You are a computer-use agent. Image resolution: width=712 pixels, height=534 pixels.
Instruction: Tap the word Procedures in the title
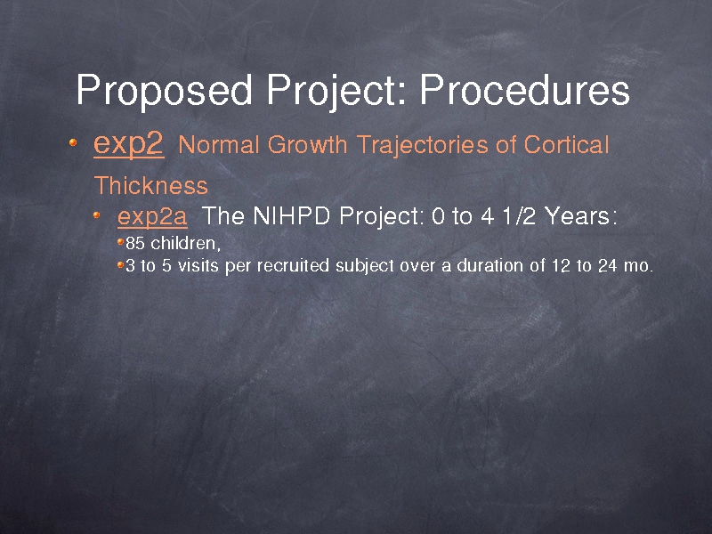(524, 89)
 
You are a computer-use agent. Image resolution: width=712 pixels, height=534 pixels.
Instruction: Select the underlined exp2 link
(128, 145)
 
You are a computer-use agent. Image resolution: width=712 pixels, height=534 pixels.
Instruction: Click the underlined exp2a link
(152, 215)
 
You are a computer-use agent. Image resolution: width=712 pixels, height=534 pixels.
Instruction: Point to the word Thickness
(150, 185)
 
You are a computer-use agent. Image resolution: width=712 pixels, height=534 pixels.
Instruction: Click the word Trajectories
(422, 146)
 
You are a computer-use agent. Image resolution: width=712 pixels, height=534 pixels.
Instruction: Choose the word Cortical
(566, 145)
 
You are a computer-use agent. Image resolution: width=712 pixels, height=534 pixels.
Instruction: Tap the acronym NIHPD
(291, 215)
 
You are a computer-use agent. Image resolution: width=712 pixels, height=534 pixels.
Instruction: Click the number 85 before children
(135, 243)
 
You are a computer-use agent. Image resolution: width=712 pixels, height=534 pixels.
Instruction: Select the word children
(186, 243)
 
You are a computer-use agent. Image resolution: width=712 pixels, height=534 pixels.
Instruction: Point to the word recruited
(293, 265)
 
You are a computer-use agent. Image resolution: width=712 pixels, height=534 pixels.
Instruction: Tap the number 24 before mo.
(608, 265)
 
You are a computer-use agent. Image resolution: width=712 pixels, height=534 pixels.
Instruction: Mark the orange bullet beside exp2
(73, 142)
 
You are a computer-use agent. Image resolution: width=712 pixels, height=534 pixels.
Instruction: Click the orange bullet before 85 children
(120, 242)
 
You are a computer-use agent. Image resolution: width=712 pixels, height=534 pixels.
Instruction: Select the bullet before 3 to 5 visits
(120, 264)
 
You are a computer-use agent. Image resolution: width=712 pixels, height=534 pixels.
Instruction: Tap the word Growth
(307, 145)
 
